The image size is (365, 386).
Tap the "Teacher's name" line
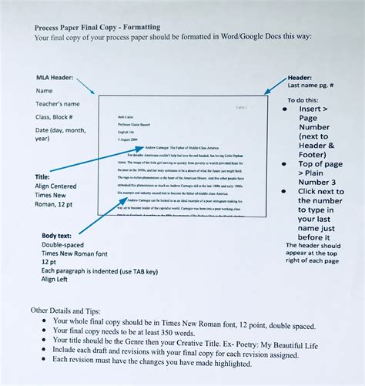tap(58, 103)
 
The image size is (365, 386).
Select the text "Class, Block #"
tap(59, 116)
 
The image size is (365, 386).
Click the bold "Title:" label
tap(43, 176)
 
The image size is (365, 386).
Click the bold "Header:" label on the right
tap(300, 78)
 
